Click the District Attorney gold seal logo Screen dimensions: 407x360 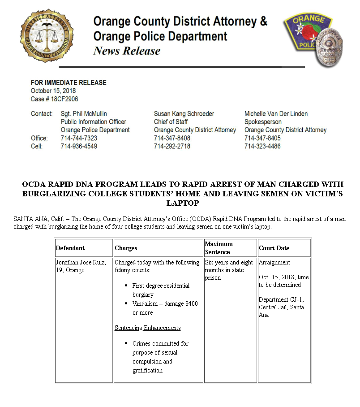point(47,36)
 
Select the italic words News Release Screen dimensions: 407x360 point(127,51)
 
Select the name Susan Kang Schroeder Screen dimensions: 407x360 point(184,114)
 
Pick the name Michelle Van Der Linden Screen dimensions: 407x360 point(276,114)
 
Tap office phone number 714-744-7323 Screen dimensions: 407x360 point(79,138)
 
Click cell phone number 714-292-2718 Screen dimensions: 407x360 point(172,146)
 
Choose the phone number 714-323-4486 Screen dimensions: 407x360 point(262,146)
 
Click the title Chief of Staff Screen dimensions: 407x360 point(171,122)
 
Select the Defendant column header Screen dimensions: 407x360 point(70,248)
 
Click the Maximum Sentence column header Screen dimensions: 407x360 point(219,248)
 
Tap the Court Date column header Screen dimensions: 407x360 point(274,248)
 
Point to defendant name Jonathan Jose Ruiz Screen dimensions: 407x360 point(81,262)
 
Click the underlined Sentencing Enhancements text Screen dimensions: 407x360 point(148,328)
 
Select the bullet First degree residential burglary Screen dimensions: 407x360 point(161,290)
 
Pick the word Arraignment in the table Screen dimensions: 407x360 point(274,262)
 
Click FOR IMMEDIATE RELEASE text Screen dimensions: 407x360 point(69,82)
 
